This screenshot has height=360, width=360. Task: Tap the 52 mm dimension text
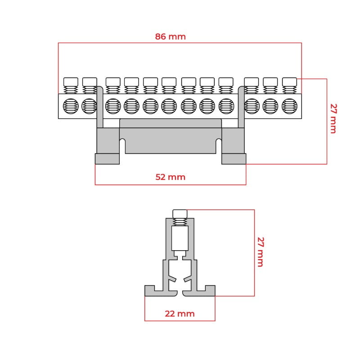point(170,177)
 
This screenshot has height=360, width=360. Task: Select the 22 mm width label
point(180,314)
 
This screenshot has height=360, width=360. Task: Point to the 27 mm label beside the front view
point(333,118)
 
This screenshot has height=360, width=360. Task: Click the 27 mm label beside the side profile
point(260,252)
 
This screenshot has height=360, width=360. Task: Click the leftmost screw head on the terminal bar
point(71,81)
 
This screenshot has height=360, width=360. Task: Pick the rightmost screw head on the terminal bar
point(289,81)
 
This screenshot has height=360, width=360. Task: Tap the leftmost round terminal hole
point(71,106)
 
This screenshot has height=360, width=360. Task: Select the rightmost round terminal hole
point(289,106)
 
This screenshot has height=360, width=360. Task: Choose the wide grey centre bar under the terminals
point(170,135)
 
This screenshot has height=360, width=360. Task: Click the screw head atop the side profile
point(180,213)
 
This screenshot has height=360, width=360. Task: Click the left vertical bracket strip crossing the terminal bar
point(100,108)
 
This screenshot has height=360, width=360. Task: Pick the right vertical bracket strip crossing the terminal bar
point(241,108)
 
